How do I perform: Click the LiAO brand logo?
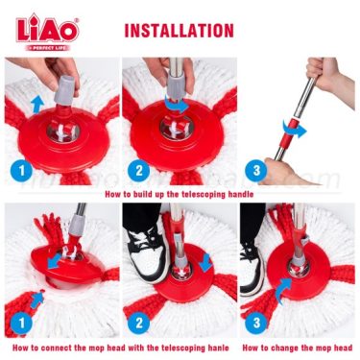[47, 30]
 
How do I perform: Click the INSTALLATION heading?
[179, 31]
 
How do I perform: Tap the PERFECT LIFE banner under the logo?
[47, 48]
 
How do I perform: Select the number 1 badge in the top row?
[21, 171]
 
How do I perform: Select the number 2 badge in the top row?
[138, 171]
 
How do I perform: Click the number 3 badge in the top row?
[256, 171]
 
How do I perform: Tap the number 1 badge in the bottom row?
[21, 323]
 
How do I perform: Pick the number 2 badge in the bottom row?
[138, 323]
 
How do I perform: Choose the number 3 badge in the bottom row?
[256, 323]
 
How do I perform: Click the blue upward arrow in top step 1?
[37, 104]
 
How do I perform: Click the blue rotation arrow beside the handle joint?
[294, 129]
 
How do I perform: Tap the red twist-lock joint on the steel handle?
[291, 132]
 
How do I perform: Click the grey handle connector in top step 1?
[65, 90]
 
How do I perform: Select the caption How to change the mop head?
[298, 348]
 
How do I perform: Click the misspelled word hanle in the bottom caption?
[220, 348]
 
